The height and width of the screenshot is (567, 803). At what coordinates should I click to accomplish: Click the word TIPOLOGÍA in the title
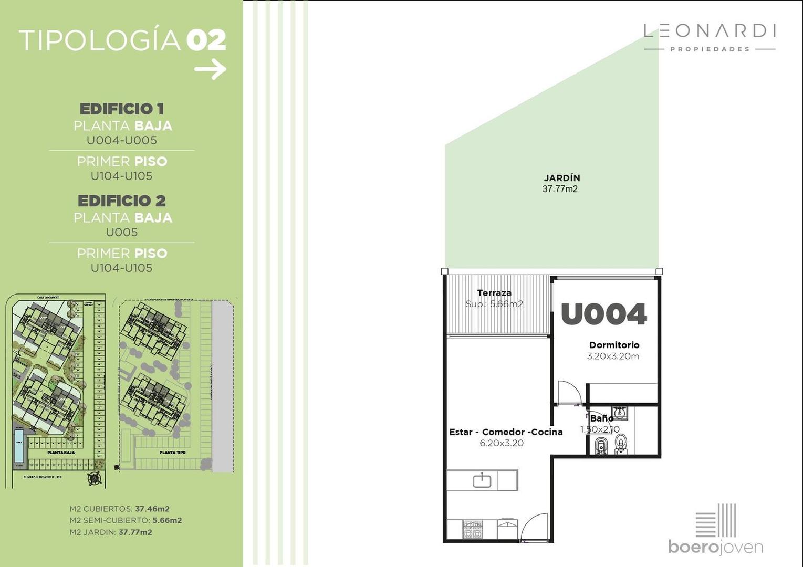pyautogui.click(x=100, y=41)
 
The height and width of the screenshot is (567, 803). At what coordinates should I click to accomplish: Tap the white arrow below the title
pyautogui.click(x=211, y=69)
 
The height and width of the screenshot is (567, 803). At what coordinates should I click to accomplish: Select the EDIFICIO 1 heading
pyautogui.click(x=122, y=109)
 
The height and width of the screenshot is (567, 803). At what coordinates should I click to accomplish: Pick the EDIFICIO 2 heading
pyautogui.click(x=122, y=201)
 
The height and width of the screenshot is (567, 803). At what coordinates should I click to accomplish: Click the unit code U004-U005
pyautogui.click(x=122, y=140)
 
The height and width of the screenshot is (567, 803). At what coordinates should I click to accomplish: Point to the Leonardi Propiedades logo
pyautogui.click(x=710, y=37)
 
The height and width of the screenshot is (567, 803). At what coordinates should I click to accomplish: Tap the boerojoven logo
pyautogui.click(x=715, y=530)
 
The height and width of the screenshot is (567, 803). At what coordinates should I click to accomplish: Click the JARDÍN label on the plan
pyautogui.click(x=561, y=178)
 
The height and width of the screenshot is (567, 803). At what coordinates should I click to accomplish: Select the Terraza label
pyautogui.click(x=494, y=293)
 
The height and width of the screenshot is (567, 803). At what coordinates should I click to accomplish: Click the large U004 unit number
pyautogui.click(x=603, y=314)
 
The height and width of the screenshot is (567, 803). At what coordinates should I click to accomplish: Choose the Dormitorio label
pyautogui.click(x=614, y=345)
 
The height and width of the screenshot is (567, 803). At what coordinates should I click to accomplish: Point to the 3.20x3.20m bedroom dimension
pyautogui.click(x=613, y=356)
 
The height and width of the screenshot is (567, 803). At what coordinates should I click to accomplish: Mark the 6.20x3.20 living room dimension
pyautogui.click(x=501, y=443)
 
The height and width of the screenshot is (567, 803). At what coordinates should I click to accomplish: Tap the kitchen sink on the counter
pyautogui.click(x=482, y=480)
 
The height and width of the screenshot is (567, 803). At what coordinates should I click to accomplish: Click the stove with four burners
pyautogui.click(x=472, y=529)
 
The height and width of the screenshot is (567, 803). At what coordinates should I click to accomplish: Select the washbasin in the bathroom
pyautogui.click(x=620, y=412)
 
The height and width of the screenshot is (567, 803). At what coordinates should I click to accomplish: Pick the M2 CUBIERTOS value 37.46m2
pyautogui.click(x=152, y=509)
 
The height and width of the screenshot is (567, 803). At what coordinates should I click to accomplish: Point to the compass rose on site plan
pyautogui.click(x=95, y=478)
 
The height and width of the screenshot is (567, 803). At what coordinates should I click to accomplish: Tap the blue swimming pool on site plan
pyautogui.click(x=19, y=445)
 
